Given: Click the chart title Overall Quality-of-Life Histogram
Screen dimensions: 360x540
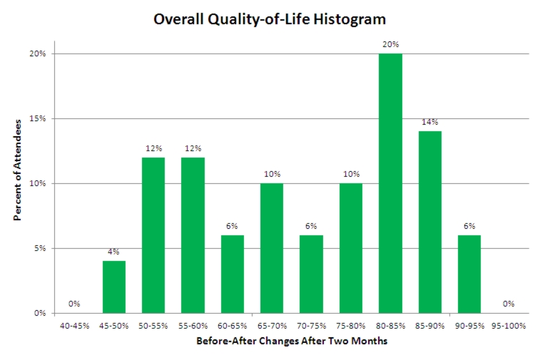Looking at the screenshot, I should click(x=270, y=19).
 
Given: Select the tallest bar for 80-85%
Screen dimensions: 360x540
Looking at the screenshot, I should click(x=390, y=183).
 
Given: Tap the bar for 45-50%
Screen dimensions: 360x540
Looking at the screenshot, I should click(x=114, y=287).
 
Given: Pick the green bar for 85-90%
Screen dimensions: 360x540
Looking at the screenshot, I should click(x=429, y=222).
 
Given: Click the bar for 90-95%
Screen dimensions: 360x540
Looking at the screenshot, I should click(x=469, y=274).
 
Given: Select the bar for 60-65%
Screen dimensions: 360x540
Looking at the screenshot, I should click(x=233, y=274).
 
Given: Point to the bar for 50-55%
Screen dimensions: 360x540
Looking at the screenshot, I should click(x=153, y=235).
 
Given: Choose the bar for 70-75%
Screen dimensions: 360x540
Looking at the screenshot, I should click(x=312, y=274).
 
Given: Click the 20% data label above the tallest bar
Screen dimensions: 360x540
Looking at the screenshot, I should click(x=390, y=44).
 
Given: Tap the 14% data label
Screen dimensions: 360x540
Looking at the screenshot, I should click(x=429, y=122).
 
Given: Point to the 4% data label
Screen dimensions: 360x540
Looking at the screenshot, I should click(x=114, y=252).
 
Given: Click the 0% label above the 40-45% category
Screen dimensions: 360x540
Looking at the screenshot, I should click(x=74, y=304).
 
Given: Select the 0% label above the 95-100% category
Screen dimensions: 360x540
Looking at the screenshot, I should click(x=509, y=304).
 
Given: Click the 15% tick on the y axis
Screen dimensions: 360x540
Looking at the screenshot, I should click(x=38, y=118).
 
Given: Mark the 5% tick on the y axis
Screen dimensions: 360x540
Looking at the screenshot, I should click(x=40, y=248).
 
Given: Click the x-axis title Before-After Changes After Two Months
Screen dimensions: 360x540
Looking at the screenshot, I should click(x=291, y=341).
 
